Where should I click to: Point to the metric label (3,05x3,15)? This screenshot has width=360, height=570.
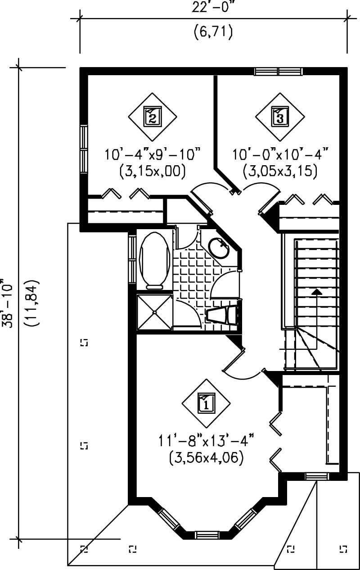click(280, 171)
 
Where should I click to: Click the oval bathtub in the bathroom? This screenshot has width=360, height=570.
click(154, 260)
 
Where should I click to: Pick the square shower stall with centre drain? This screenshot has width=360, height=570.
click(154, 312)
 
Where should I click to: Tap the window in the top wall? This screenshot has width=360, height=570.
click(278, 71)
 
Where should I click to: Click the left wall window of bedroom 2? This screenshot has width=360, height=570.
click(84, 149)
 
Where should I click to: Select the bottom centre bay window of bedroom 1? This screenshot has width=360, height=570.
click(207, 535)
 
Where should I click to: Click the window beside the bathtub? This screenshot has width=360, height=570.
click(132, 259)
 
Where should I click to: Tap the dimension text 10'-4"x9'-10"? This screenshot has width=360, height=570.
click(153, 155)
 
